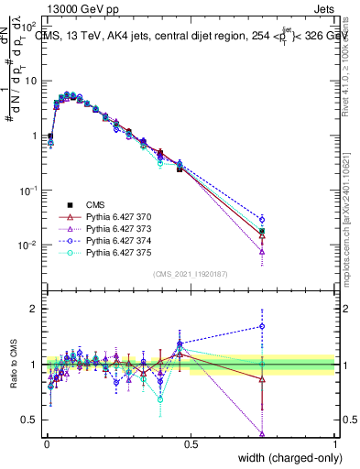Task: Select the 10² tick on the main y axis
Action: [30, 26]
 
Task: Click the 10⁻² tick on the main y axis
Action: [30, 245]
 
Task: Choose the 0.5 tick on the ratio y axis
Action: [31, 420]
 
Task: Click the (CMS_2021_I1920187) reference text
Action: [190, 274]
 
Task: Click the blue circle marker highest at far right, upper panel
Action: [262, 219]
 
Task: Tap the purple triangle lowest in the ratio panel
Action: [262, 434]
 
